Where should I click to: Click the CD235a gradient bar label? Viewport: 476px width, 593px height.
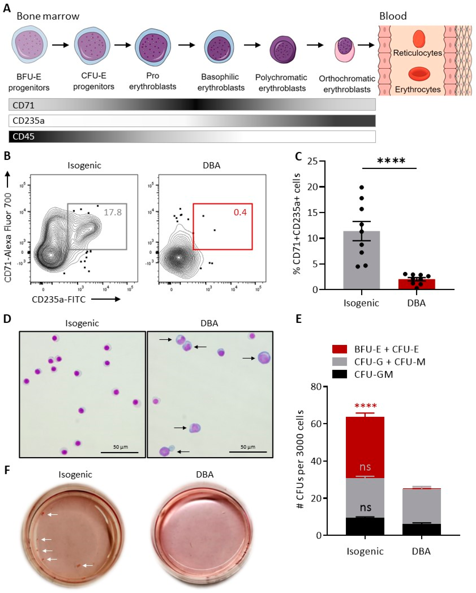point(29,121)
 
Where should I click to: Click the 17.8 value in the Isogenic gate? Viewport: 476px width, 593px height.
point(112,212)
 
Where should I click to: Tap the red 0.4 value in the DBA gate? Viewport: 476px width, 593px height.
point(240,212)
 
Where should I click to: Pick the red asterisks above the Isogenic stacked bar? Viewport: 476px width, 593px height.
point(365,406)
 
